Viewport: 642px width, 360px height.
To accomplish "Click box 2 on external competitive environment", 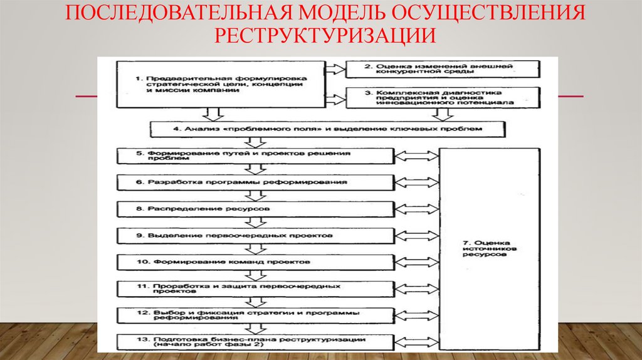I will tap(442, 68).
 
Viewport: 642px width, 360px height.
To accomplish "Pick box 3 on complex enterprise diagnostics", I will tap(442, 97).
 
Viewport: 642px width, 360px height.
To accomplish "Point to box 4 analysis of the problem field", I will tap(327, 129).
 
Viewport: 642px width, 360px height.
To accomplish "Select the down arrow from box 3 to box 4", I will tap(443, 114).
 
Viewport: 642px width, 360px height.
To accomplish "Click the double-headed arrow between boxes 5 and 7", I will tap(417, 156).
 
